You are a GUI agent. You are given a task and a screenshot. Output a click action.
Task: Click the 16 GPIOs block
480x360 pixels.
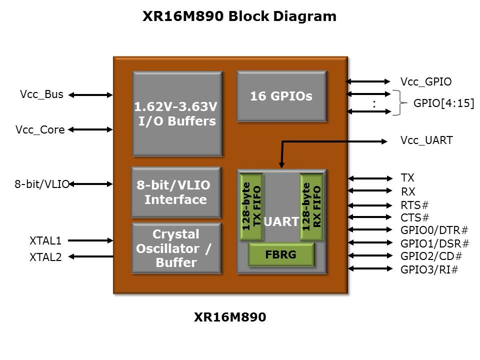coord(281,96)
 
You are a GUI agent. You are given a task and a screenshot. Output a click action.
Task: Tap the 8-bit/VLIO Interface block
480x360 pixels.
coord(175,192)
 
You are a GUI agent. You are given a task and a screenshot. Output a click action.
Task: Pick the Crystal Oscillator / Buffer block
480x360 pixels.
coord(176,248)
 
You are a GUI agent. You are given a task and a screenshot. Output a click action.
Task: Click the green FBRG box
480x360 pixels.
coord(281,255)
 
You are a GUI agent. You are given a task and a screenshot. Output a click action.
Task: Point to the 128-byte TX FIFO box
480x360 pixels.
coord(251,207)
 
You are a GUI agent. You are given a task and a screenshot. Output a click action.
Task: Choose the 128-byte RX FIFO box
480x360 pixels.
coord(312,207)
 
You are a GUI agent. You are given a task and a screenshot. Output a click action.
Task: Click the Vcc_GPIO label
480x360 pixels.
coord(426,82)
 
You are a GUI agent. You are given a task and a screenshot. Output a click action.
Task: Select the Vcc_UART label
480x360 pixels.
coord(426,140)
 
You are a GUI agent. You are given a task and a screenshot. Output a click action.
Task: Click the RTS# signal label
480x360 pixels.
coord(415,205)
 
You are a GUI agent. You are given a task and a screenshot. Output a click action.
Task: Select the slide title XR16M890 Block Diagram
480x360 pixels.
coord(239,16)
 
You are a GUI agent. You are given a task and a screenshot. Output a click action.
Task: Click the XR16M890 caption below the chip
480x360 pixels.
coord(230,317)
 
